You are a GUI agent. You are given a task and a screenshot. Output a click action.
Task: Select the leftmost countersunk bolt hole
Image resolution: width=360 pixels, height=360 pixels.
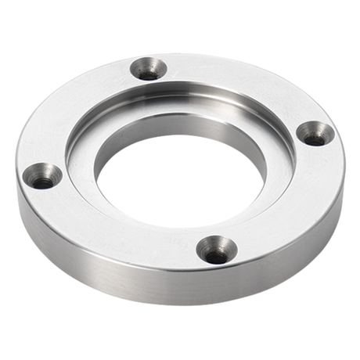pyautogui.click(x=43, y=176)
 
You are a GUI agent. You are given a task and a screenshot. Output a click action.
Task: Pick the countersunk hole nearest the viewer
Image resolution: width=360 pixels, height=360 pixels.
pyautogui.click(x=217, y=250)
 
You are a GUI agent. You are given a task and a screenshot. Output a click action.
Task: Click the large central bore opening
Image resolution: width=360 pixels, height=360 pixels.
pyautogui.click(x=178, y=180)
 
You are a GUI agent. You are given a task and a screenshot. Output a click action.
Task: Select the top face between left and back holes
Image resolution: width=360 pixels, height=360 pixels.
pyautogui.click(x=78, y=102)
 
